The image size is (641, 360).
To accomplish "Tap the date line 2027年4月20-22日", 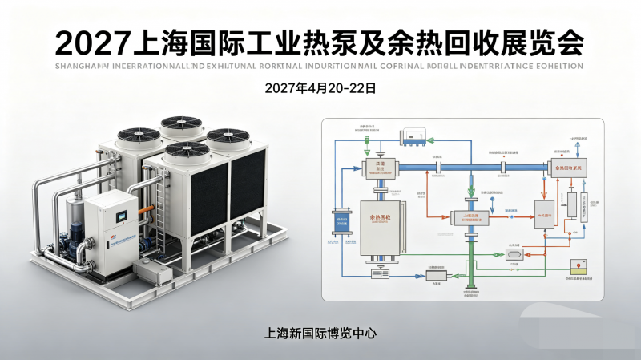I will [320, 88].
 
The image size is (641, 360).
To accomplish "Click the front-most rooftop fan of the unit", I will [187, 150].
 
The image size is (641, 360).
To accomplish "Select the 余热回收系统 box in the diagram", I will [568, 166].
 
